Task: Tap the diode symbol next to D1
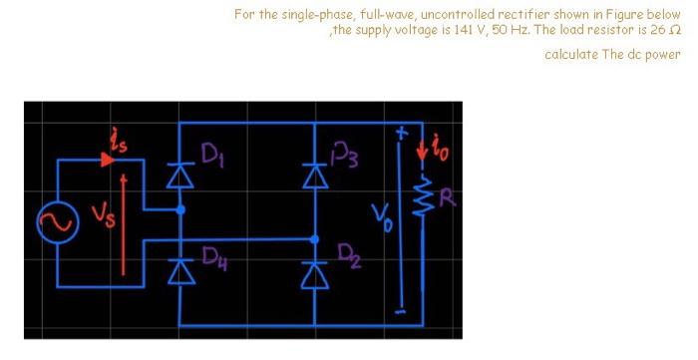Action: [x=179, y=174]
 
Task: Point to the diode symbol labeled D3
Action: [x=314, y=174]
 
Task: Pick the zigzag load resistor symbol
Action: [x=422, y=196]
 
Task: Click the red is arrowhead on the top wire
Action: [x=106, y=159]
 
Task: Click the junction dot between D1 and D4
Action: [x=179, y=210]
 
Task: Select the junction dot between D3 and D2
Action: [x=314, y=239]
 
